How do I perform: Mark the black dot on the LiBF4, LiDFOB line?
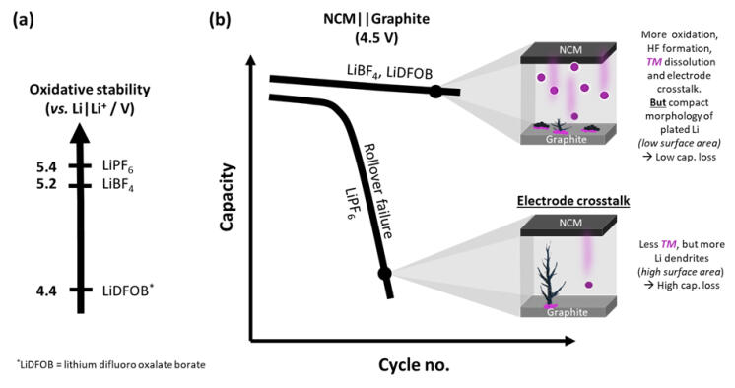pyautogui.click(x=434, y=92)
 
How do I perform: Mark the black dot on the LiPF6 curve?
pyautogui.click(x=384, y=272)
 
